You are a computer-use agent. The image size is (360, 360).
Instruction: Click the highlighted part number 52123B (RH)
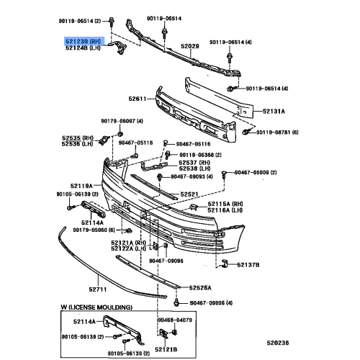point(85,42)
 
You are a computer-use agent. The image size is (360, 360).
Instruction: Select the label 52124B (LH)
point(85,50)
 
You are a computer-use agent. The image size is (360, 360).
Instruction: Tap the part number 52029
point(189,47)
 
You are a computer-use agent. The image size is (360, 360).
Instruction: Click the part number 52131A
point(274,112)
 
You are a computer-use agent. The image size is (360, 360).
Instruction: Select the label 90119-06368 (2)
point(199,154)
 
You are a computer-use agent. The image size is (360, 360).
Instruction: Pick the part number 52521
point(189,194)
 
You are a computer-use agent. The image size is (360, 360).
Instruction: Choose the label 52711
point(98,289)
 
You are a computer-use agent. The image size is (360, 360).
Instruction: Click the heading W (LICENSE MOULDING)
point(94,307)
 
